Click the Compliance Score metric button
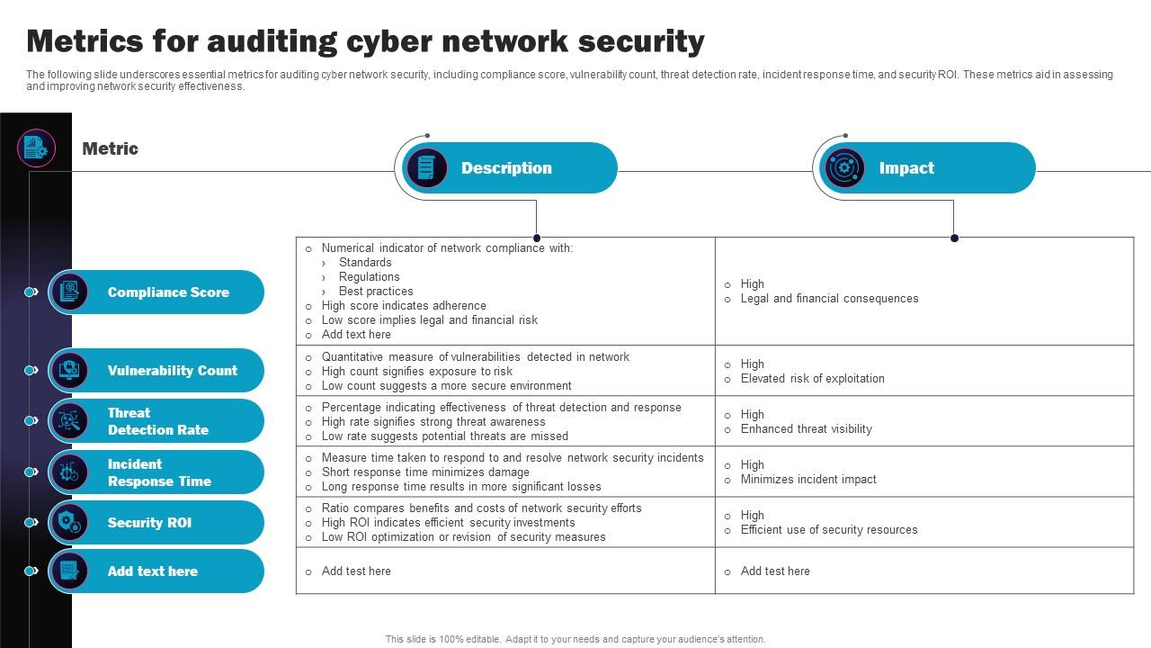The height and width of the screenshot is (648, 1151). coord(156,292)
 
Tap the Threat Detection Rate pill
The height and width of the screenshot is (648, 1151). coord(157,421)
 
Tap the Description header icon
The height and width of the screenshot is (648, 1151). coord(426,168)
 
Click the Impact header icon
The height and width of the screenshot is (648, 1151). coord(844,168)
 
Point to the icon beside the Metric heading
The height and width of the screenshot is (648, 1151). coord(36,148)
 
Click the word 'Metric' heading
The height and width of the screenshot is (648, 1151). coord(110,148)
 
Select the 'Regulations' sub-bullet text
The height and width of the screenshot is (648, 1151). coord(369,277)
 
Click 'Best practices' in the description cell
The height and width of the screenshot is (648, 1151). coord(376,292)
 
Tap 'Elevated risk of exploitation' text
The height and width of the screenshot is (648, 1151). coord(812,379)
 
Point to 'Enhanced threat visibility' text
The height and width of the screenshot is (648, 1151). coord(806,429)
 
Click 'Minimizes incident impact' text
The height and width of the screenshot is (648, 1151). coord(808,480)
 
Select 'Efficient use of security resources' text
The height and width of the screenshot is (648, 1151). coord(829,530)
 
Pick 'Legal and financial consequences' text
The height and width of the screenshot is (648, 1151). coord(829,299)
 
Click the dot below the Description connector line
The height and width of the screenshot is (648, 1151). coord(537,238)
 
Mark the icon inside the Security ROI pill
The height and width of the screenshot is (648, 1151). coord(69,523)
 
